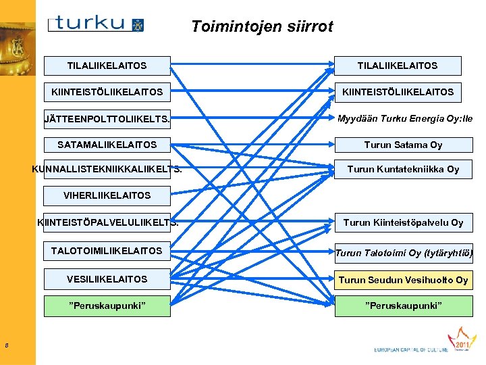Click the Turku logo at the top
96,24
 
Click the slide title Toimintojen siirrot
262,26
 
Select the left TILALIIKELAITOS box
107,66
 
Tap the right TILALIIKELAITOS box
398,66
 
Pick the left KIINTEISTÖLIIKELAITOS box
107,91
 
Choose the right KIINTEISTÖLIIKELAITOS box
398,91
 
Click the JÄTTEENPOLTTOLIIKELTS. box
107,119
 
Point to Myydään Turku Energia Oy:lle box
404,119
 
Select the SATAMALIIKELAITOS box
107,145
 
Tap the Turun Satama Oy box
403,145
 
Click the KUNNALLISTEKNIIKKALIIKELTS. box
107,169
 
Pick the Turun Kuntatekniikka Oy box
403,169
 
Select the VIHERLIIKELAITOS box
107,195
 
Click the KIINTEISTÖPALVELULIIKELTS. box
107,222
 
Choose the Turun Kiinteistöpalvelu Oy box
403,222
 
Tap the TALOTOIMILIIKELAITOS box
107,251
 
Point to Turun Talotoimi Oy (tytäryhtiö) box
404,253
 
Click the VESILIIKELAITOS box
107,278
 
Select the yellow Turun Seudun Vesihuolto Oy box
403,280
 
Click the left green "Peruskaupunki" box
107,306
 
